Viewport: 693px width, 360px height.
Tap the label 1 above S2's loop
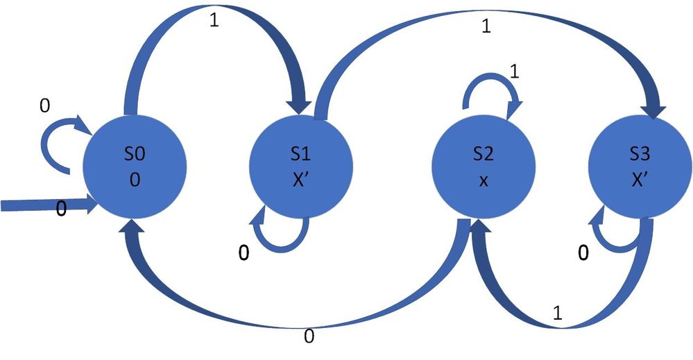513,71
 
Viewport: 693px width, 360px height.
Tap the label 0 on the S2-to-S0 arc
309,336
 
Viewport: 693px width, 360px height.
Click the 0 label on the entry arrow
61,209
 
